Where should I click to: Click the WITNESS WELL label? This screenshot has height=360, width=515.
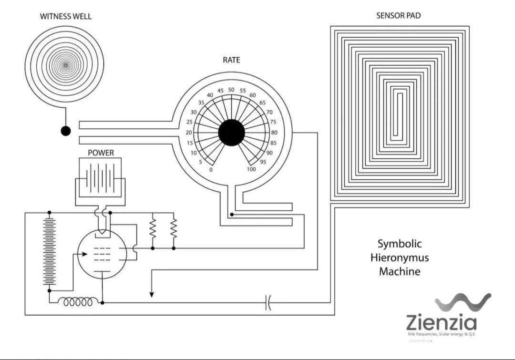click(x=66, y=17)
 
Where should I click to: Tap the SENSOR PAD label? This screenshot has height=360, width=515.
click(x=398, y=15)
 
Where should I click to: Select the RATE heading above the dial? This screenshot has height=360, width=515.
click(x=231, y=60)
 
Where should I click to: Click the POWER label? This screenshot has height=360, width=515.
click(x=101, y=153)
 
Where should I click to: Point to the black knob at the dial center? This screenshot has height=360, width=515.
click(x=231, y=133)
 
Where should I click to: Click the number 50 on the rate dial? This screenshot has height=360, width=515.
click(x=231, y=90)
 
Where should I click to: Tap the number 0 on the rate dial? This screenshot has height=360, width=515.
click(x=211, y=170)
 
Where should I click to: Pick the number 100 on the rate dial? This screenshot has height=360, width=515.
click(x=251, y=170)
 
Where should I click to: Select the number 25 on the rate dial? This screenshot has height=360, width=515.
click(x=189, y=122)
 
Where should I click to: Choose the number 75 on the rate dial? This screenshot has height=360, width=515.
click(x=273, y=122)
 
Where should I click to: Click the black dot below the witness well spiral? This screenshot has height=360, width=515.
click(x=66, y=131)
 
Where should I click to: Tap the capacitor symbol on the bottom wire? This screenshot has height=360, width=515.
click(x=268, y=303)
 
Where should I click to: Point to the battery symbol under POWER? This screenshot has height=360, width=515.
click(x=101, y=178)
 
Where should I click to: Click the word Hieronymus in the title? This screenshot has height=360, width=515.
click(x=400, y=258)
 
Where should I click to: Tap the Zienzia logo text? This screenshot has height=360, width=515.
click(x=441, y=323)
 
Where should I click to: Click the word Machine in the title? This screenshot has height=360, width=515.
click(x=400, y=272)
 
